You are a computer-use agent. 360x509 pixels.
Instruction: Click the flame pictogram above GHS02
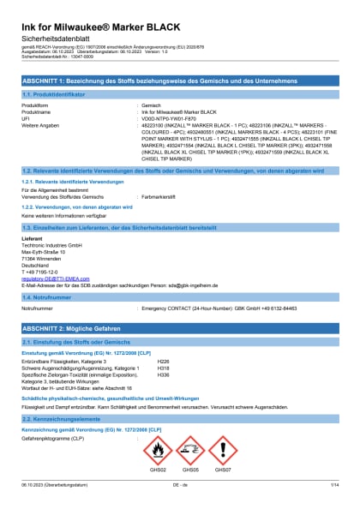[158, 450]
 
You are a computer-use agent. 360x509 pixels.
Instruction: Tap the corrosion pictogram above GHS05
[189, 450]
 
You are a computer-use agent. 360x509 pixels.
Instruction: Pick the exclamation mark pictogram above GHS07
[222, 450]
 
